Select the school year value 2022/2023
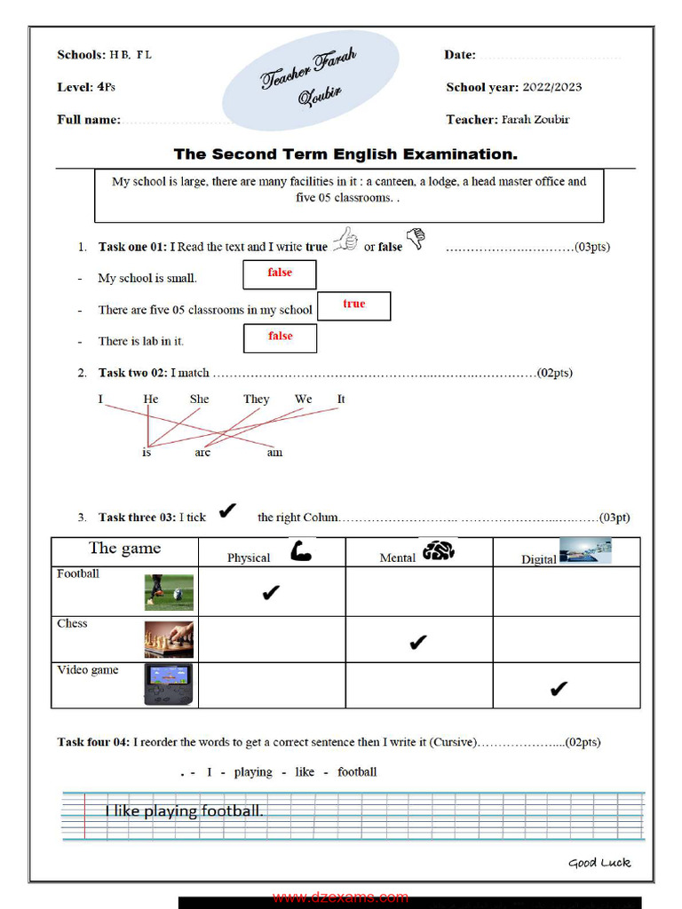point(551,87)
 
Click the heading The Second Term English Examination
point(345,154)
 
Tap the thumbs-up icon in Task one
point(345,240)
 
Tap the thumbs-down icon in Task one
point(416,239)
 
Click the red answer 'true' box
point(353,305)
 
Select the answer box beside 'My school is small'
point(280,274)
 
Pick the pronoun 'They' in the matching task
point(256,399)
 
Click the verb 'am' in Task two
point(274,453)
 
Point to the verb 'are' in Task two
point(202,453)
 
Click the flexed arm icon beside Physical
point(301,552)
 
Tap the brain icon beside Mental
point(439,551)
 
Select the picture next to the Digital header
point(585,551)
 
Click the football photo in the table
point(169,592)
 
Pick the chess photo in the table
point(169,639)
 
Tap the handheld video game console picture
point(169,684)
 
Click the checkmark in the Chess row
point(418,643)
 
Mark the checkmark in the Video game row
point(558,689)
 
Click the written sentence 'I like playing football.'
point(185,810)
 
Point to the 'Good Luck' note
point(599,862)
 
